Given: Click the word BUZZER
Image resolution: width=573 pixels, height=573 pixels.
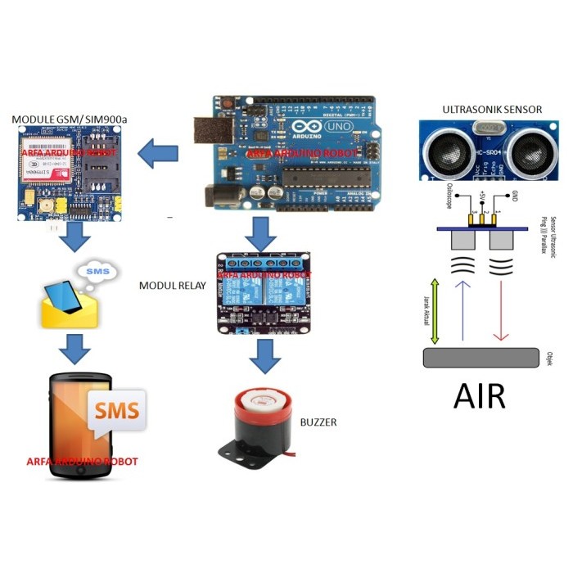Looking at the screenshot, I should pyautogui.click(x=318, y=422).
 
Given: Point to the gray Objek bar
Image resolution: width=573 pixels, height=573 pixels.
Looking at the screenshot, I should pyautogui.click(x=481, y=358).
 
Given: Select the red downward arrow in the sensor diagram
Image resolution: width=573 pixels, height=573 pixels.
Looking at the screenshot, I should pyautogui.click(x=502, y=311).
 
